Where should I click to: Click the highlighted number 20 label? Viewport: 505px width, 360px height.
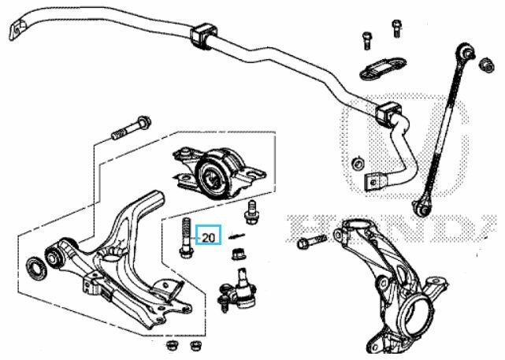tap(209, 235)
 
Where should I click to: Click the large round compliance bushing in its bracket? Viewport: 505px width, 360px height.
tap(215, 173)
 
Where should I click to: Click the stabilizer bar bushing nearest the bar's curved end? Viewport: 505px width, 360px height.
tap(202, 36)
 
